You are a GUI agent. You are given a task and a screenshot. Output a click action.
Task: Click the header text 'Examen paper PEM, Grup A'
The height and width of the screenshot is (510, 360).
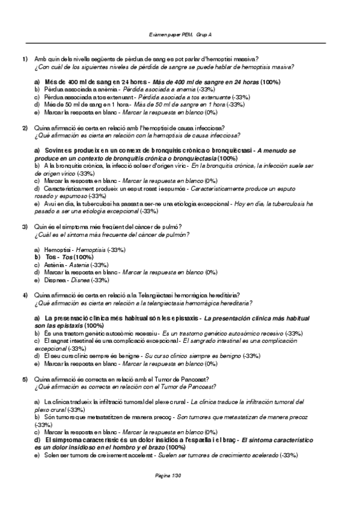tap(180, 35)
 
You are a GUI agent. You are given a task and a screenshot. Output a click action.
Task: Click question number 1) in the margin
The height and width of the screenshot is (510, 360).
tap(25, 58)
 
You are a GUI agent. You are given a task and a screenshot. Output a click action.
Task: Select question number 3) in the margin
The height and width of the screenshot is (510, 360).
tap(25, 226)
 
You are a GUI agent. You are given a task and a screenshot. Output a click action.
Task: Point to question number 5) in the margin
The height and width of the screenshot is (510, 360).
tap(25, 379)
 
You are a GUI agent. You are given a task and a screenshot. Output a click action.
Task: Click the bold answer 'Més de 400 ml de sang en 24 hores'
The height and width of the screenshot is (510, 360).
tap(93, 81)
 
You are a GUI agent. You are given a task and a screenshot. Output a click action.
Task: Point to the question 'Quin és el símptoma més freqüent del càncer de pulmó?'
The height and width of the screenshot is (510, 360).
tap(109, 226)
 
